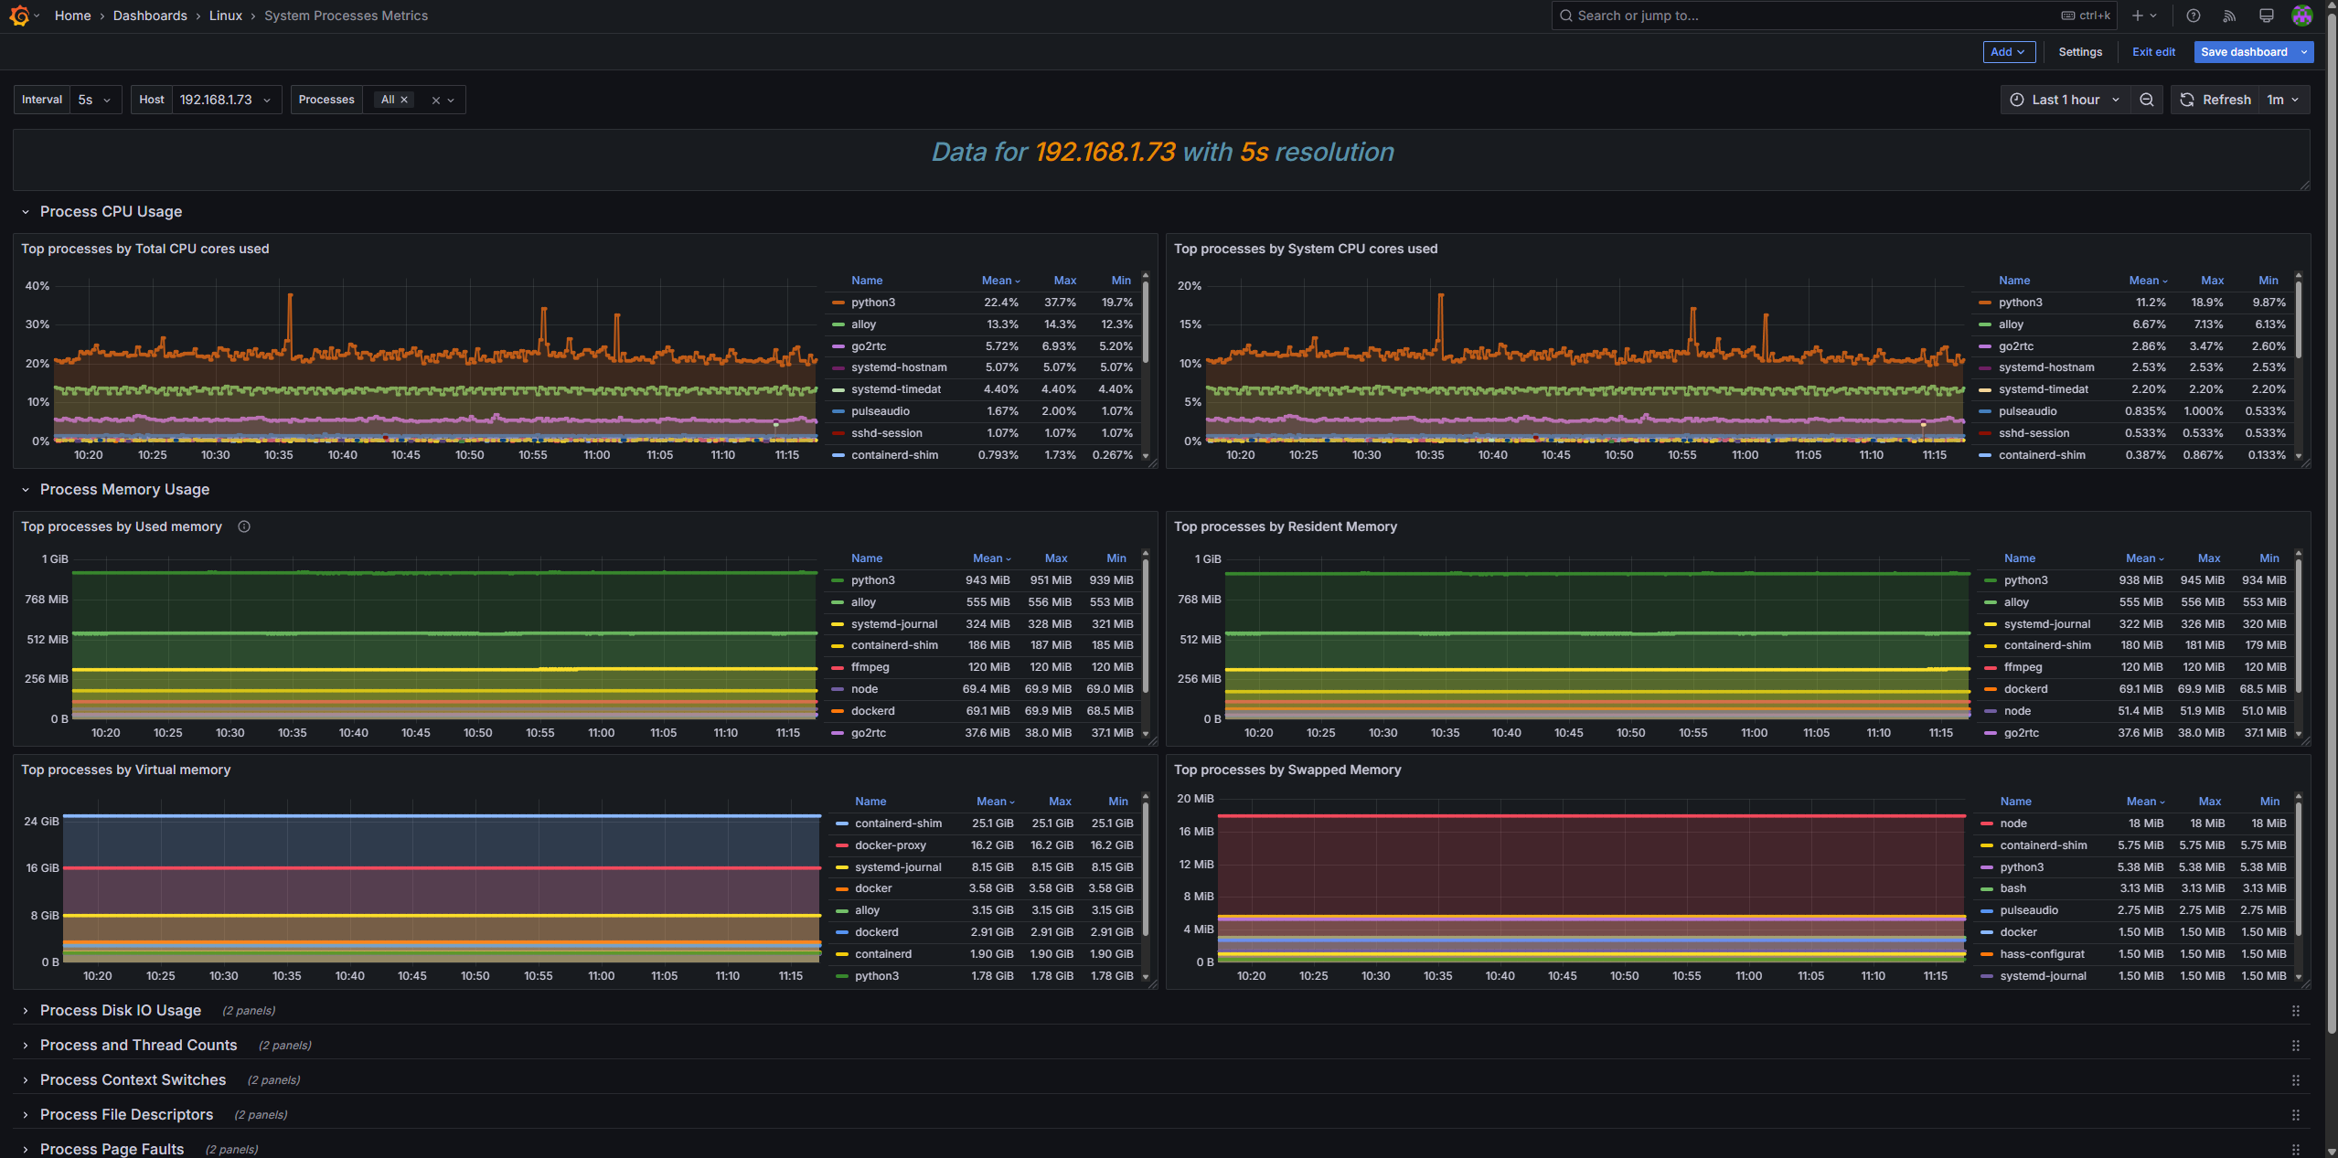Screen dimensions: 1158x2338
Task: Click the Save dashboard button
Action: (x=2243, y=52)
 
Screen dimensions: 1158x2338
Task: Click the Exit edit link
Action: (x=2152, y=52)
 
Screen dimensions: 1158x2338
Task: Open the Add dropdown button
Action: (x=2007, y=52)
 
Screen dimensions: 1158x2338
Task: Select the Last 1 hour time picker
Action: (x=2064, y=100)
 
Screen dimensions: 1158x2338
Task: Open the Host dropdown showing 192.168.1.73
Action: (x=224, y=100)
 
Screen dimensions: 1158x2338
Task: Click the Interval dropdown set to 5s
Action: (x=93, y=100)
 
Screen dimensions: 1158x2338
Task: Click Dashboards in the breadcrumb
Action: (x=150, y=16)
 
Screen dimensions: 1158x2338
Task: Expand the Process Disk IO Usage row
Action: (x=120, y=1010)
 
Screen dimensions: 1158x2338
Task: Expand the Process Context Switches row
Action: (x=133, y=1079)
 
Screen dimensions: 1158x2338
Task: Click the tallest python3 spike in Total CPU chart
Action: (x=290, y=296)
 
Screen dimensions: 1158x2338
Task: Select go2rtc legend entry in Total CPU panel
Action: (x=868, y=346)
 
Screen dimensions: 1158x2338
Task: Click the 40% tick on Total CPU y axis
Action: (x=37, y=286)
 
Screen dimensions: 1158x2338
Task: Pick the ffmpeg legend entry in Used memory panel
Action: (x=870, y=667)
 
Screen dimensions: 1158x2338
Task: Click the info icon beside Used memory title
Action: (x=244, y=526)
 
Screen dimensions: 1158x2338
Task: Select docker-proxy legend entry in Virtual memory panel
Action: (x=890, y=845)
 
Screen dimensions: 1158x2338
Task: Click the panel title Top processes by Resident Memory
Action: (x=1284, y=526)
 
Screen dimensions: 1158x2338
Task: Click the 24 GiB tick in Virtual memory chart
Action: (x=41, y=822)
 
